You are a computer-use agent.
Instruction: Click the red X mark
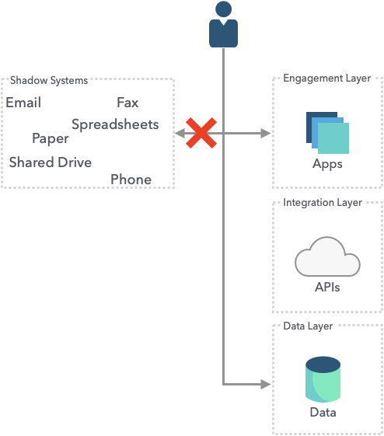[201, 133]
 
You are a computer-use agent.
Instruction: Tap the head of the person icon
[223, 9]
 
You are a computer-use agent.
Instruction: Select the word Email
[23, 103]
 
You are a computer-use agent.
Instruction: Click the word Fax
[127, 103]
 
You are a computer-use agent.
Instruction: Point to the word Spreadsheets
[115, 124]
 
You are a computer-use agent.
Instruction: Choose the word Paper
[51, 138]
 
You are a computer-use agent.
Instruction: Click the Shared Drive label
[51, 162]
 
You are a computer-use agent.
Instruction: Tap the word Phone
[131, 180]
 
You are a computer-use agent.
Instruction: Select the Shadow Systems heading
[49, 80]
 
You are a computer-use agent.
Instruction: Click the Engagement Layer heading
[326, 78]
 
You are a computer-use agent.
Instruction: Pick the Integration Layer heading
[323, 202]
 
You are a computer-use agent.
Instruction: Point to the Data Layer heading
[308, 326]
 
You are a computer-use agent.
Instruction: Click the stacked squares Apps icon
[327, 133]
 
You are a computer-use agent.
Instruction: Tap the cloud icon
[327, 256]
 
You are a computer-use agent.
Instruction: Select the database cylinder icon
[323, 379]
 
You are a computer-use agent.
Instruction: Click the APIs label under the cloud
[327, 288]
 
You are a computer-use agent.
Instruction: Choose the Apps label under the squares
[327, 164]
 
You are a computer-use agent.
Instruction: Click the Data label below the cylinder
[323, 413]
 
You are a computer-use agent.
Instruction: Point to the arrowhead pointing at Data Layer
[266, 384]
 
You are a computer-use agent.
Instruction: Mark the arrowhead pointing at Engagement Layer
[266, 133]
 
